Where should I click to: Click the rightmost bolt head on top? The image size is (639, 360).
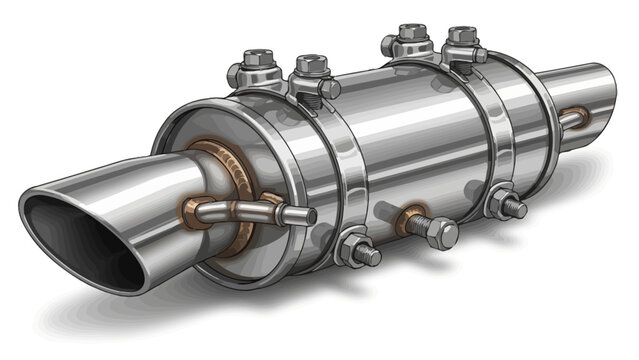click(461, 38)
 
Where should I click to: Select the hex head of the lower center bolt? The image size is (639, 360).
click(441, 234)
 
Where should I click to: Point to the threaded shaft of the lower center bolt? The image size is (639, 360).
click(421, 226)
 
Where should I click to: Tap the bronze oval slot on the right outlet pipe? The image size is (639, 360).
click(572, 119)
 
